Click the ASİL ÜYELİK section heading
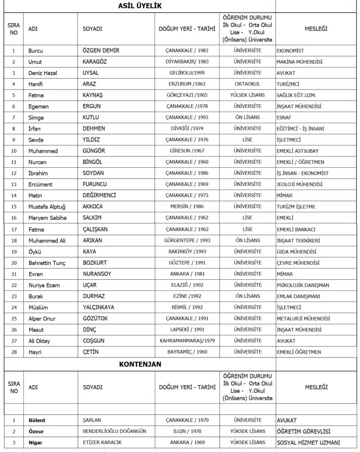(x=140, y=6)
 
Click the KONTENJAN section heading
(x=140, y=364)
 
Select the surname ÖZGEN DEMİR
(x=101, y=50)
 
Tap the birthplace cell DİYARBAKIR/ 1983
(x=187, y=62)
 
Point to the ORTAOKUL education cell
(x=247, y=84)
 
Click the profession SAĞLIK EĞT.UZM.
(x=296, y=95)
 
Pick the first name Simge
(x=36, y=117)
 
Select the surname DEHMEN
(x=95, y=128)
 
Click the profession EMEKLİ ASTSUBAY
(x=298, y=151)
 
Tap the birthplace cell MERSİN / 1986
(x=187, y=207)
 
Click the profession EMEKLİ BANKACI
(x=296, y=229)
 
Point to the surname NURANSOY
(x=97, y=274)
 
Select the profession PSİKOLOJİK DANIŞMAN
(x=303, y=285)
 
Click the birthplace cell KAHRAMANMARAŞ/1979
(x=187, y=341)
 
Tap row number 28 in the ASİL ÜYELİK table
(x=14, y=352)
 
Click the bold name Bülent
(x=37, y=420)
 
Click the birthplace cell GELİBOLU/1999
(x=187, y=73)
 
